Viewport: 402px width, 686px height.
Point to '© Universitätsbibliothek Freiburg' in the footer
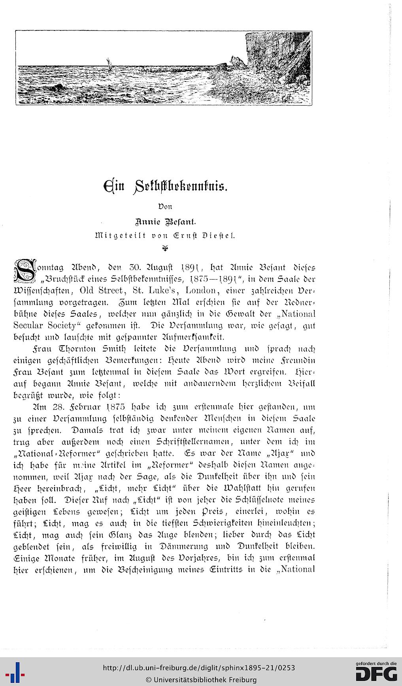click(x=201, y=680)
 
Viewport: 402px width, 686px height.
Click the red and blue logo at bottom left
click(x=17, y=672)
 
